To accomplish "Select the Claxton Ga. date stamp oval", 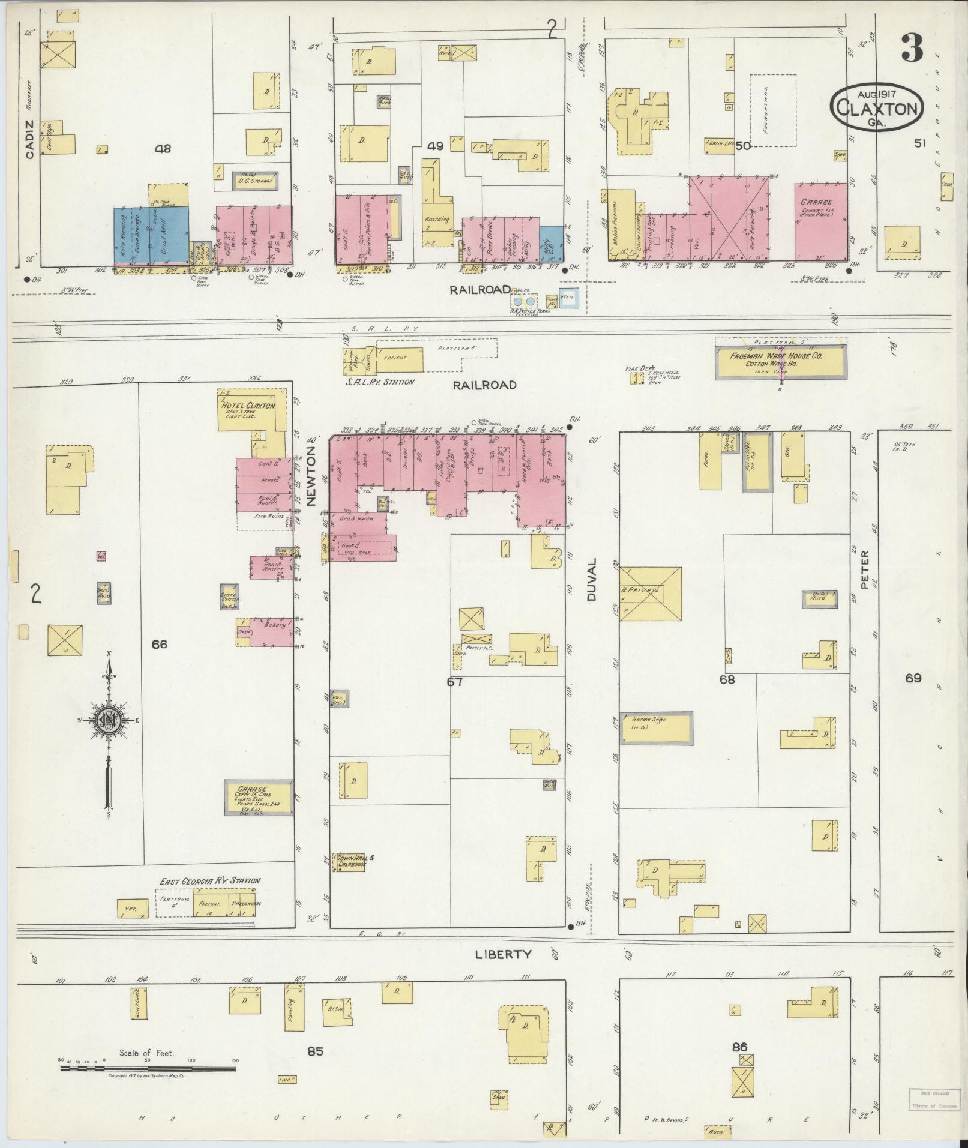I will [x=877, y=105].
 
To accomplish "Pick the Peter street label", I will [x=865, y=569].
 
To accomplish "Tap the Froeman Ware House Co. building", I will [x=780, y=358].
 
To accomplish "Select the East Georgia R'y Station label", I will [x=209, y=881].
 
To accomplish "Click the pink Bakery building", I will [x=272, y=632].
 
